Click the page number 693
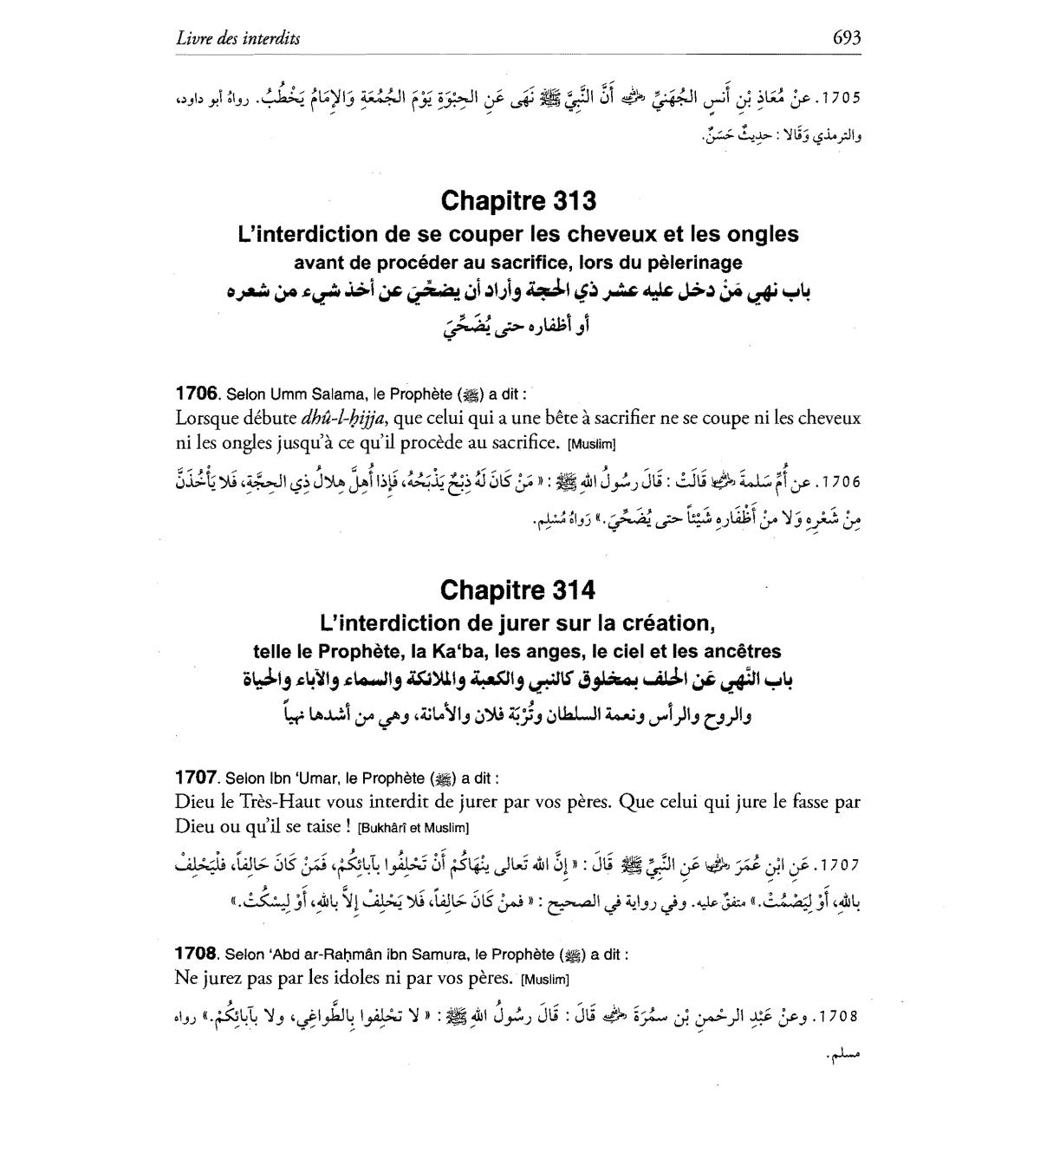(x=846, y=37)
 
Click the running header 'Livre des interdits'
(x=237, y=37)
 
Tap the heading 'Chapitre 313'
(x=518, y=200)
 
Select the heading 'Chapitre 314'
(x=518, y=590)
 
